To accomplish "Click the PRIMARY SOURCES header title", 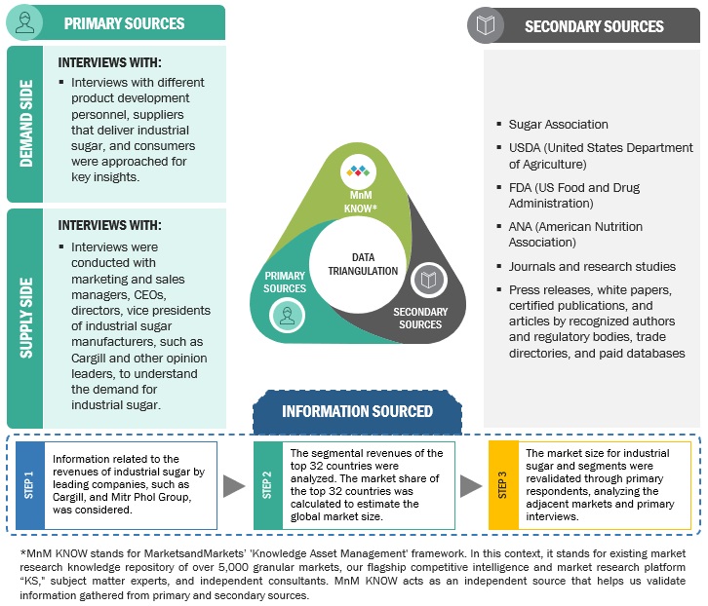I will (x=124, y=22).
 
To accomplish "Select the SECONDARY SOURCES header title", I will (x=594, y=26).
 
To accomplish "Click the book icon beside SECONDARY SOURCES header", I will (x=486, y=25).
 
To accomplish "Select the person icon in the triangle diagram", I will (x=287, y=315).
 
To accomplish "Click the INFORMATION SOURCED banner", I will (x=357, y=411).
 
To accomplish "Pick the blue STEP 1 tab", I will (x=30, y=483).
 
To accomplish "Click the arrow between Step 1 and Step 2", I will (x=234, y=485).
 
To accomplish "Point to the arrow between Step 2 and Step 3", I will (x=471, y=485).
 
